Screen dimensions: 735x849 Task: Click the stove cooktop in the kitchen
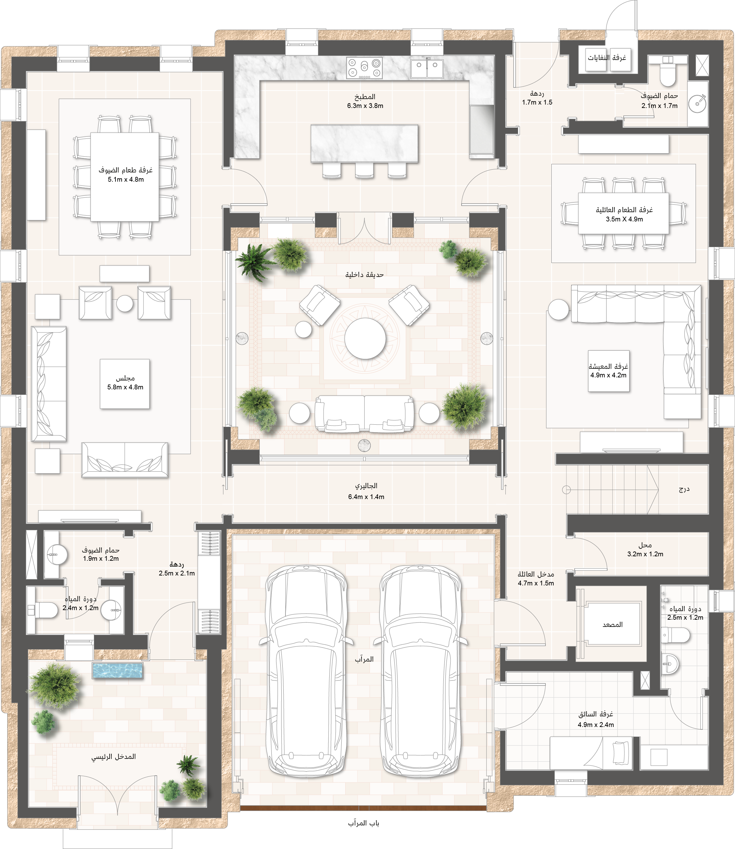coord(365,68)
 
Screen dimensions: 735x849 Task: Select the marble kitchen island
coord(365,144)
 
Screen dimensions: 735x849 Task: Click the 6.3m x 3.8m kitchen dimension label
coord(365,106)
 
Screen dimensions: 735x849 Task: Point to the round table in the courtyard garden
coord(365,339)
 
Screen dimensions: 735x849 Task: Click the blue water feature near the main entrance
coord(118,670)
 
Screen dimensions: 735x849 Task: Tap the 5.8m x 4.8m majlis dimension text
coord(125,387)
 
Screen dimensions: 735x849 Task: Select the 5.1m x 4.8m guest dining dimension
coord(125,180)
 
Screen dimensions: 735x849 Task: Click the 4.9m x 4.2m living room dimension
coord(608,375)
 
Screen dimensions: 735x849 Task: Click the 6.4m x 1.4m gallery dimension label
coord(366,497)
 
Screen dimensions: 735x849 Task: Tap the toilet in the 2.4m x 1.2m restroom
coord(43,610)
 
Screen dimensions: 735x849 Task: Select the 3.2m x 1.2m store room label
coord(645,554)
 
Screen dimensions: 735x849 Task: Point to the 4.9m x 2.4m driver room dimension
coord(596,725)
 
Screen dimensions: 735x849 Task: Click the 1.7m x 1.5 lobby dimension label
coord(537,102)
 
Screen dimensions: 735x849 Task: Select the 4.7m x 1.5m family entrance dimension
coord(536,583)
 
